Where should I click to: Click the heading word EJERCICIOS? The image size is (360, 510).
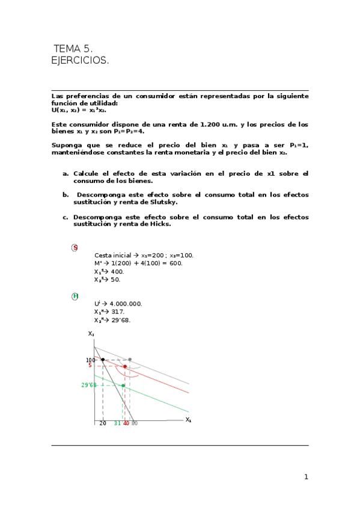point(81,61)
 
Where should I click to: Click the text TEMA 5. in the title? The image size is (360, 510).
point(73,49)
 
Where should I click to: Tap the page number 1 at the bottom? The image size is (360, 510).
point(306,477)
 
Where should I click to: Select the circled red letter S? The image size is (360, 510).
point(75,248)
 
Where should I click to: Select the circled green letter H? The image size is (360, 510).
point(75,296)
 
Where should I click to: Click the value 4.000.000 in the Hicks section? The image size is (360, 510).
point(126,304)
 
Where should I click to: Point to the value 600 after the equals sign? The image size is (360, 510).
point(176,263)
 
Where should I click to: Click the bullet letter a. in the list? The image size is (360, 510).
point(65,173)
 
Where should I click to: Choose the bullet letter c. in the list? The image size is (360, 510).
point(65,217)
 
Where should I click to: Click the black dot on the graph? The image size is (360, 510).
point(103,360)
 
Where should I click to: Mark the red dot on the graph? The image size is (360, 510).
point(124,366)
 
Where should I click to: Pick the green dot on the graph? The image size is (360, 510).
point(123,386)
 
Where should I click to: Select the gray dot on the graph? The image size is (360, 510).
point(130,360)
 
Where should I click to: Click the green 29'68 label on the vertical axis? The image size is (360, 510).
point(88,385)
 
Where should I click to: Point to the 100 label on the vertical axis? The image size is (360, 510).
point(91,360)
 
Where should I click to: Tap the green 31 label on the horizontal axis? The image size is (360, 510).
point(118,423)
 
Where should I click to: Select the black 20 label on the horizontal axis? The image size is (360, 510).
point(103,423)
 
